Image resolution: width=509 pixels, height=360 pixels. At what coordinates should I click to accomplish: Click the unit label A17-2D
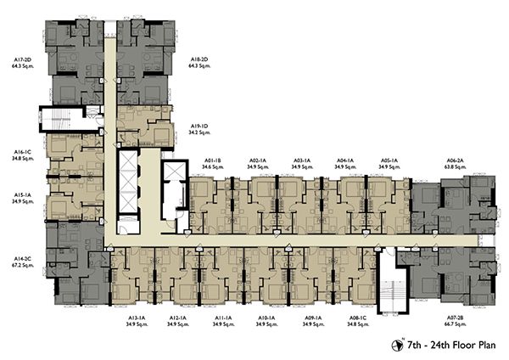coord(22,59)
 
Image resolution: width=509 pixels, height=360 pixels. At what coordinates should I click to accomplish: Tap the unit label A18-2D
coord(199,59)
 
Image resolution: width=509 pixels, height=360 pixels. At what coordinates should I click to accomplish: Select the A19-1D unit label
coord(199,126)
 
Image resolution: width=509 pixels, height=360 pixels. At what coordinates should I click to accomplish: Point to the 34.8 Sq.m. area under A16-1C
coord(22,159)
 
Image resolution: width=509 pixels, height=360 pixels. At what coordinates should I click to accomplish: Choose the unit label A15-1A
coord(22,195)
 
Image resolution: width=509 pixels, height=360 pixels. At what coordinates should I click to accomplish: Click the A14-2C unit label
coord(22,259)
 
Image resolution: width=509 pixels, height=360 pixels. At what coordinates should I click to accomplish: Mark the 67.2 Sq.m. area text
coord(22,265)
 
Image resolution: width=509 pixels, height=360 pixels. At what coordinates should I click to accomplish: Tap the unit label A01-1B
coord(213,160)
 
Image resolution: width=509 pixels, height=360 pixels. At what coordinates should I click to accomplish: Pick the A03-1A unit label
coord(302,160)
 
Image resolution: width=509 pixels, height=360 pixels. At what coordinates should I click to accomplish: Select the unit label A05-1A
coord(389,160)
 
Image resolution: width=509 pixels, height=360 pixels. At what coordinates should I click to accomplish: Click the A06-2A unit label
coord(455,160)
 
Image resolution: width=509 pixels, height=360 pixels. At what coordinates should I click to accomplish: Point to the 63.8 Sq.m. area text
coord(455,167)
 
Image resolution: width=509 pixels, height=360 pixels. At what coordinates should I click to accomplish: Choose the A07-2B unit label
coord(455,318)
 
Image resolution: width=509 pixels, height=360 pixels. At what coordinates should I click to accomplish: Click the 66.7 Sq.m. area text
coord(455,324)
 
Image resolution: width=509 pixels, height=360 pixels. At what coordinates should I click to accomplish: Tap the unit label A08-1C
coord(358,318)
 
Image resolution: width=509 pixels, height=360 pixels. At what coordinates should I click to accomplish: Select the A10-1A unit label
coord(266,318)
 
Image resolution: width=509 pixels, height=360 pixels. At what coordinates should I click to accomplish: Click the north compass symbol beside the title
coord(397,346)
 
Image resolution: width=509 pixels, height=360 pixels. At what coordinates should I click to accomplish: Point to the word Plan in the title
coord(486,345)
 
